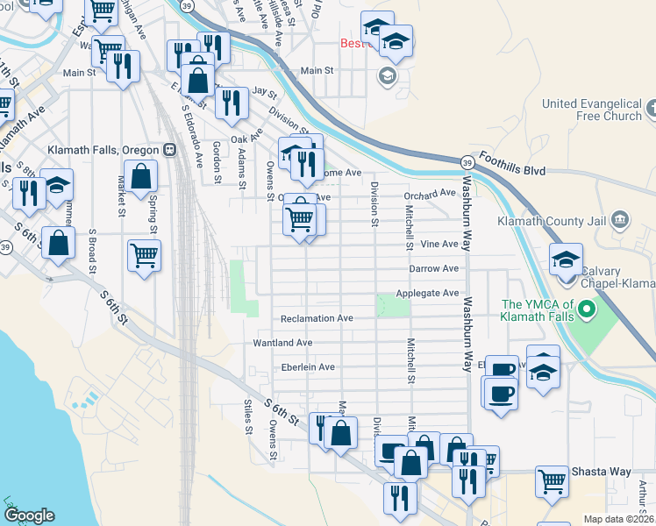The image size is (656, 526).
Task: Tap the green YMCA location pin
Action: [x=588, y=310]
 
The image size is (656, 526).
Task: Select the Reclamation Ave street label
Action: [x=317, y=318]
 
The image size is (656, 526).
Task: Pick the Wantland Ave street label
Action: [x=282, y=343]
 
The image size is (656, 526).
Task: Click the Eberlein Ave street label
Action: [x=308, y=367]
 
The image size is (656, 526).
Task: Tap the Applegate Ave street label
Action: [x=427, y=293]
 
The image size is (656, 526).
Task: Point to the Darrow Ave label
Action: [x=433, y=268]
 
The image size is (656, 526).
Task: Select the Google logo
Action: [x=30, y=515]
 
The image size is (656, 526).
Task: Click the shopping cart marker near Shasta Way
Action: [x=552, y=480]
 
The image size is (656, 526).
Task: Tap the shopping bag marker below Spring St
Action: [x=140, y=177]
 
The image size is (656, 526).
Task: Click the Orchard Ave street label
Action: [x=430, y=194]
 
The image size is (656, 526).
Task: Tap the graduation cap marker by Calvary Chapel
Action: [x=566, y=259]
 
